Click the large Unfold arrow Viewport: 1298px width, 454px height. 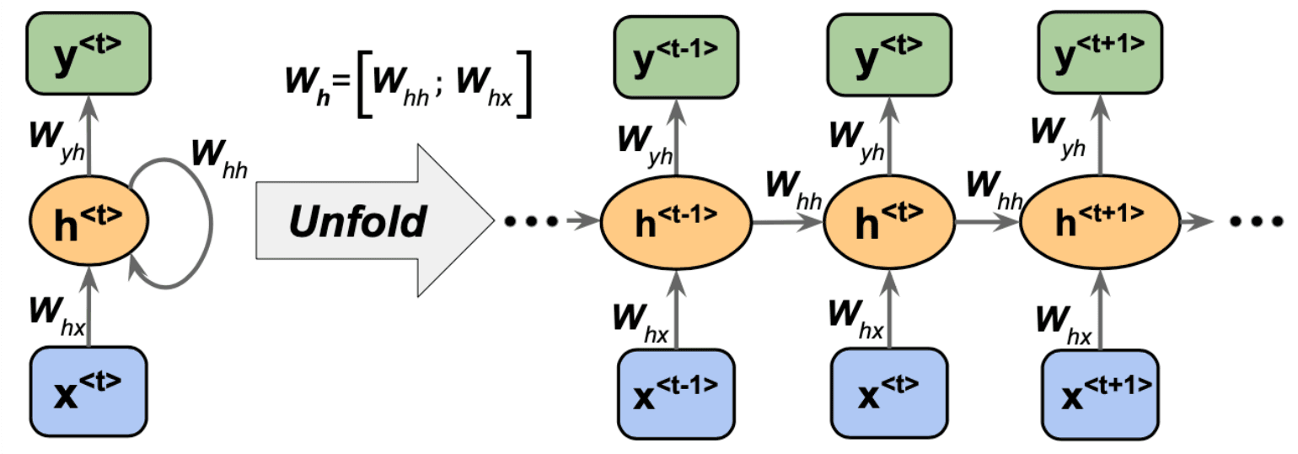tap(371, 222)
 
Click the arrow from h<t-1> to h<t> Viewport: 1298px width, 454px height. tap(786, 223)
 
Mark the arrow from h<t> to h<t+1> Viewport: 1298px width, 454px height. tap(986, 223)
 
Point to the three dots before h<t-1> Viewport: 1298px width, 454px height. tap(529, 223)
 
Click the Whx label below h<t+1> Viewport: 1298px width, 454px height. tap(1064, 325)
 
